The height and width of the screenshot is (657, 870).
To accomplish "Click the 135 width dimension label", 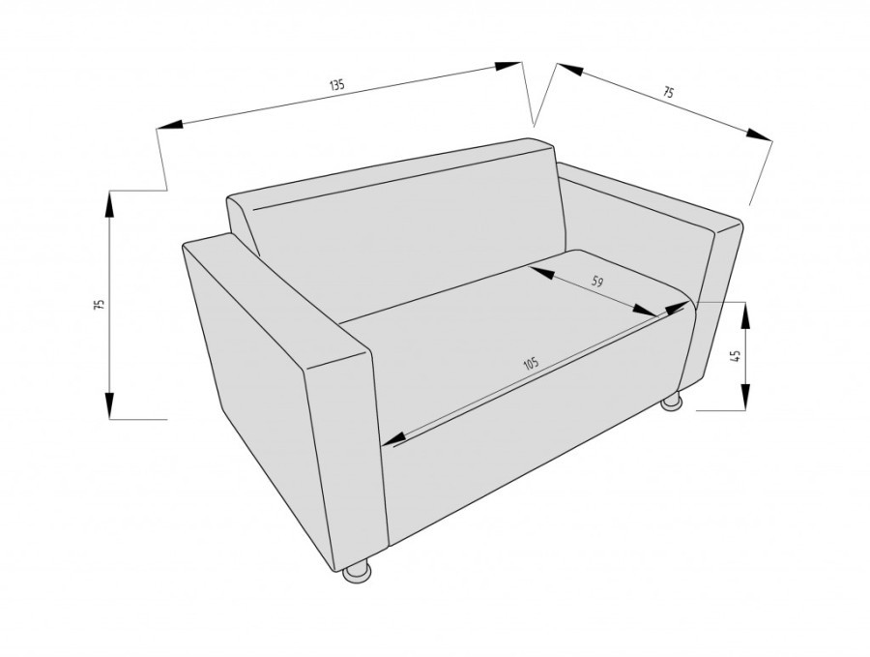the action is pos(337,85).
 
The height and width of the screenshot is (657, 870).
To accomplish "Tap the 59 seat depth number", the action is pos(597,282).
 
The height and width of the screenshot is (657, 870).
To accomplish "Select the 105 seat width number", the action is pos(531,364).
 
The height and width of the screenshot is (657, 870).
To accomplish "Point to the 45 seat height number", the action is pos(737,356).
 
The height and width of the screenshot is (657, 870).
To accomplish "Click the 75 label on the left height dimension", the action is pos(100,305).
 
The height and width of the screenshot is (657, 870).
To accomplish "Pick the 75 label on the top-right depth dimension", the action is pos(669,92).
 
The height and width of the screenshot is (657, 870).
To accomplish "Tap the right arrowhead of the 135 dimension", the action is pos(508,66).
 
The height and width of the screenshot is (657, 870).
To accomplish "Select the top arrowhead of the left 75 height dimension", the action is pos(109,204).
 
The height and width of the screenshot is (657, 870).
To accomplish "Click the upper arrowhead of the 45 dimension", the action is pos(745,314).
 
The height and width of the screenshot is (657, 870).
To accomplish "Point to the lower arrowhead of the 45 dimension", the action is pos(745,397).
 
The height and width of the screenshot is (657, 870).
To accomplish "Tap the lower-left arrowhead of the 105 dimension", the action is pos(394,438).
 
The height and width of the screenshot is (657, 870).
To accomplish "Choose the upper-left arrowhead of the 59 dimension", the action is pos(543,273).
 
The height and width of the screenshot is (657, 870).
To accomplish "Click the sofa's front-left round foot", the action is pos(358,572).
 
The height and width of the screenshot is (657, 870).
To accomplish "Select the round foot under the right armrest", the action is pos(671,403).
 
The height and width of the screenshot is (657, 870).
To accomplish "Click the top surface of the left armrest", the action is pos(277,300).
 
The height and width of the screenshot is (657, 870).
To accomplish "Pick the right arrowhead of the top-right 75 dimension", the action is pos(760,135).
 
